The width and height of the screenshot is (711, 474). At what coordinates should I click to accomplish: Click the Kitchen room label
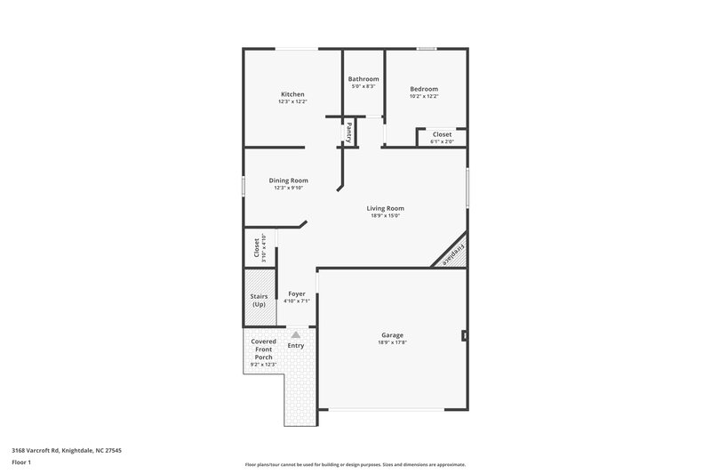click(292, 94)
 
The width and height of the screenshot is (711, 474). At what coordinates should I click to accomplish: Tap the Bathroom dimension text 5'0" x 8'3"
click(363, 86)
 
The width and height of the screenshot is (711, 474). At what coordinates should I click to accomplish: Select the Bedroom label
click(423, 88)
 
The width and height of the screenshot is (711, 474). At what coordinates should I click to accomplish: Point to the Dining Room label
click(289, 181)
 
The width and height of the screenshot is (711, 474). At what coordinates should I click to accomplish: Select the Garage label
click(392, 334)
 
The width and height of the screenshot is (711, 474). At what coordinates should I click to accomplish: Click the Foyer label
click(296, 293)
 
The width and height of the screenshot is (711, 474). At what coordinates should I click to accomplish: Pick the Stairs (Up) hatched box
click(259, 301)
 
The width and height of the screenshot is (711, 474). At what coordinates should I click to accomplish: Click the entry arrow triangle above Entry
click(295, 334)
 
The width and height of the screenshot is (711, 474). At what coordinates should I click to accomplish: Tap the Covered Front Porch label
click(263, 349)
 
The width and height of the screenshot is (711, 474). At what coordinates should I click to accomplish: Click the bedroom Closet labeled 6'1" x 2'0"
click(442, 135)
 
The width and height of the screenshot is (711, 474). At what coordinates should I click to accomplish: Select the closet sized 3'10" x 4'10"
click(260, 247)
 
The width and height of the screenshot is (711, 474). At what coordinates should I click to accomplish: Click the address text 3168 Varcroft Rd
click(67, 450)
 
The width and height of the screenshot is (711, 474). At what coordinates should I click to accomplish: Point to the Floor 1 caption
click(21, 463)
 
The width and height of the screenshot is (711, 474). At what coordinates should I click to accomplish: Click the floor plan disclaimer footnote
click(355, 464)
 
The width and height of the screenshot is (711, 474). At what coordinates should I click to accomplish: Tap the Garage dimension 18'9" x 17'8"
click(392, 342)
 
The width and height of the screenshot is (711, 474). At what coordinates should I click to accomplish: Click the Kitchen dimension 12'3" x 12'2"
click(292, 102)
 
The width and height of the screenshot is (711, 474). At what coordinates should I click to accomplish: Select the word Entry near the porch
click(295, 345)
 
